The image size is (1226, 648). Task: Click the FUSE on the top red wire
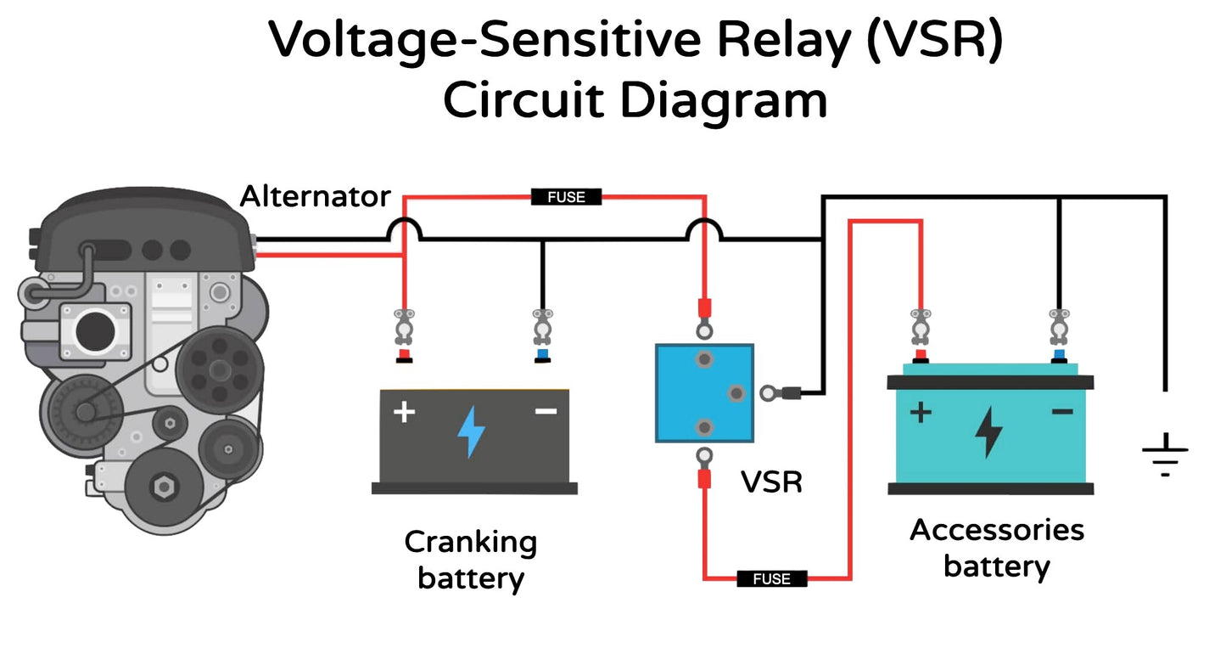point(566,197)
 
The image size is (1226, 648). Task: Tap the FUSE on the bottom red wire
point(771,578)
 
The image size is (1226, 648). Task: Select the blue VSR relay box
point(704,392)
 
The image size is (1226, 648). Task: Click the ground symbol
point(1165,454)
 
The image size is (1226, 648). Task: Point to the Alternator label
point(315,197)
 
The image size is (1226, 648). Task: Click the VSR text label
point(771,482)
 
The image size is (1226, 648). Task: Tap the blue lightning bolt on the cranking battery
point(471,431)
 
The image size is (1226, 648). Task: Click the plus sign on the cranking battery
point(405,413)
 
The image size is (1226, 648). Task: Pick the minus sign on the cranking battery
point(546,412)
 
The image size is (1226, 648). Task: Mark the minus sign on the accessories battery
point(1061,412)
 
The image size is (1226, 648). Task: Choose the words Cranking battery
point(471,560)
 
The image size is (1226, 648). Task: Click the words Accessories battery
point(997,548)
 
